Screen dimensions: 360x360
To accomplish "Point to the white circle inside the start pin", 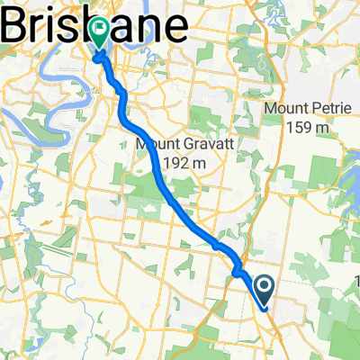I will tap(265, 285).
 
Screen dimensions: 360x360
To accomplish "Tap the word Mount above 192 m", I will tap(155, 144).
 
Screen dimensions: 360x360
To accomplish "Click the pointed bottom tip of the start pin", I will tap(265, 307).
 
